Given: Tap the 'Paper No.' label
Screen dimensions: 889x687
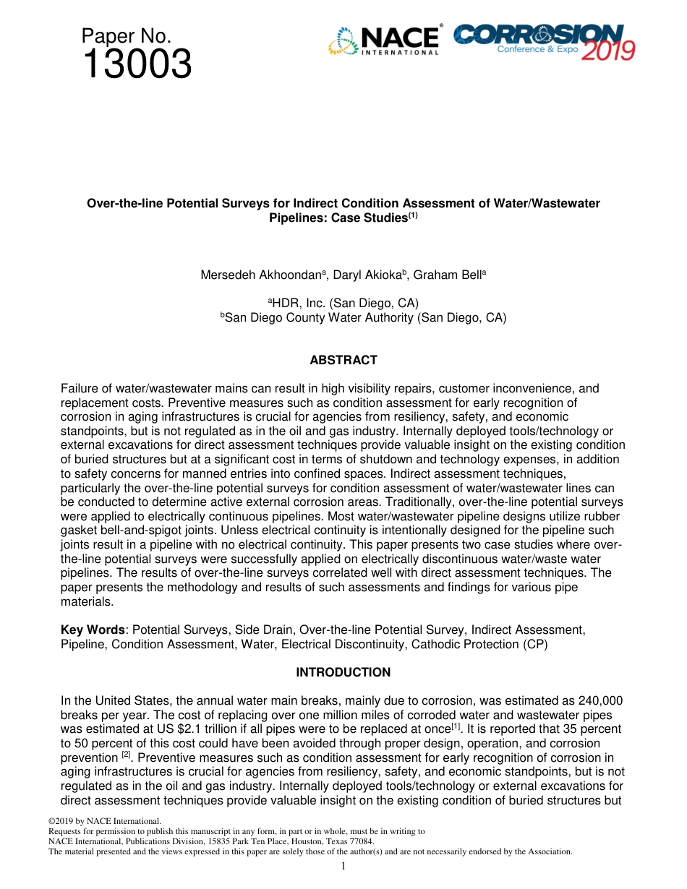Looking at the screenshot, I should click(x=126, y=36).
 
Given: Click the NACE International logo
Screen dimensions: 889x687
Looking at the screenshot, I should click(x=384, y=40).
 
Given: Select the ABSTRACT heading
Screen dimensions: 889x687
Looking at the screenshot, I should click(x=343, y=360).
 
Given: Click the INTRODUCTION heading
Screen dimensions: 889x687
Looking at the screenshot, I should click(x=343, y=672).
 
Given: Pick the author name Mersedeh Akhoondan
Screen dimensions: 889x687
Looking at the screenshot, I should click(x=261, y=275).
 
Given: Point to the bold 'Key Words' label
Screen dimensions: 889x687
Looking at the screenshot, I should click(x=92, y=630).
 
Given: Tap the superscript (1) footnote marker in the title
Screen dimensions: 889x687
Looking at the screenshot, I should click(x=413, y=215).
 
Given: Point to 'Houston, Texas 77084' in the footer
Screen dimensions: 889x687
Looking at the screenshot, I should click(x=333, y=841).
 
